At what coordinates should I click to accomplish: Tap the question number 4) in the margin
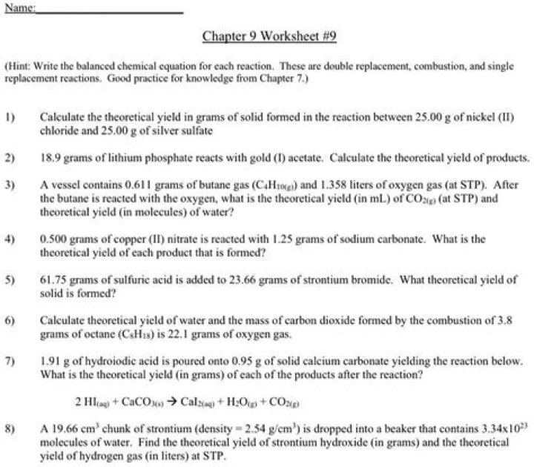click(x=10, y=239)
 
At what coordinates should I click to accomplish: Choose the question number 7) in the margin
click(x=10, y=361)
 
